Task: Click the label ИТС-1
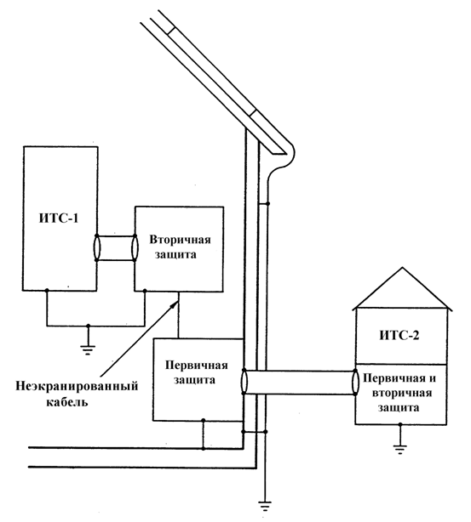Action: click(x=59, y=218)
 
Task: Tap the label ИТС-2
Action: click(x=399, y=335)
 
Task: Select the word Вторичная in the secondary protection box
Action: click(x=180, y=240)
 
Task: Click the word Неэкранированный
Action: click(x=77, y=387)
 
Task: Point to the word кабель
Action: click(x=67, y=401)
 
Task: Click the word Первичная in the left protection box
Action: click(x=197, y=366)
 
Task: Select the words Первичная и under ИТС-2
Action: click(x=399, y=378)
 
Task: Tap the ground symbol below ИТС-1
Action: click(x=88, y=350)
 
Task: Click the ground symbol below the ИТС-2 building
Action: click(x=400, y=450)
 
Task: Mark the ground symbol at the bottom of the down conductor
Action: click(x=265, y=507)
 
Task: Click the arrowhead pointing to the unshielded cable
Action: click(x=174, y=304)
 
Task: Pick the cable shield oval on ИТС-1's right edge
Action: click(x=97, y=247)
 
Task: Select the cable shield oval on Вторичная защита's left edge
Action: click(x=135, y=247)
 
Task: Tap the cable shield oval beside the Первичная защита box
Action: click(x=244, y=382)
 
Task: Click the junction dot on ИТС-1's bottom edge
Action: click(x=47, y=291)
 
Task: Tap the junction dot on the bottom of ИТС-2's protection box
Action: click(x=400, y=424)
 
